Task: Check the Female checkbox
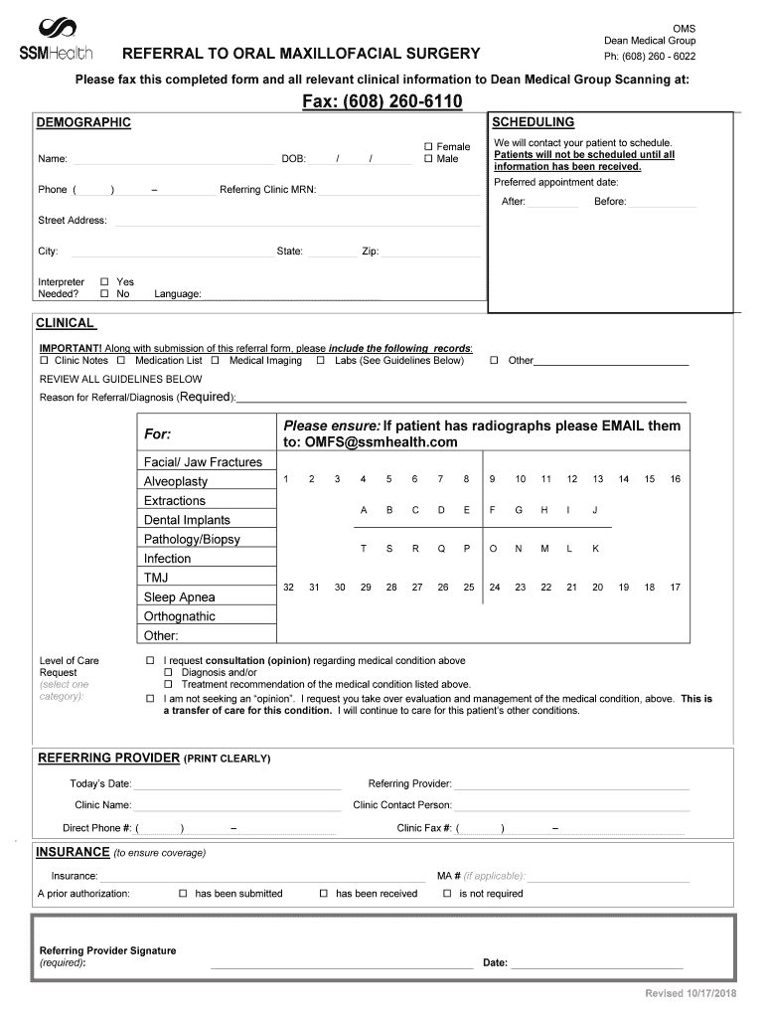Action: click(429, 146)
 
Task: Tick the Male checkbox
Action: click(429, 159)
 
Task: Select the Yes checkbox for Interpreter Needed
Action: click(104, 282)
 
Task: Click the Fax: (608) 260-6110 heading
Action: click(382, 103)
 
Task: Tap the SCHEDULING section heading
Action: click(534, 122)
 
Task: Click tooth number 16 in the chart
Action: click(676, 479)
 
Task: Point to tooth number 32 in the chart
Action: click(288, 588)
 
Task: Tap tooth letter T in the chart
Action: click(364, 549)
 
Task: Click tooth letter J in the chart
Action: click(595, 510)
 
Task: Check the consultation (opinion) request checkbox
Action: click(150, 661)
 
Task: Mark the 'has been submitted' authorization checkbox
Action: click(183, 894)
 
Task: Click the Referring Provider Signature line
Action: click(342, 965)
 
